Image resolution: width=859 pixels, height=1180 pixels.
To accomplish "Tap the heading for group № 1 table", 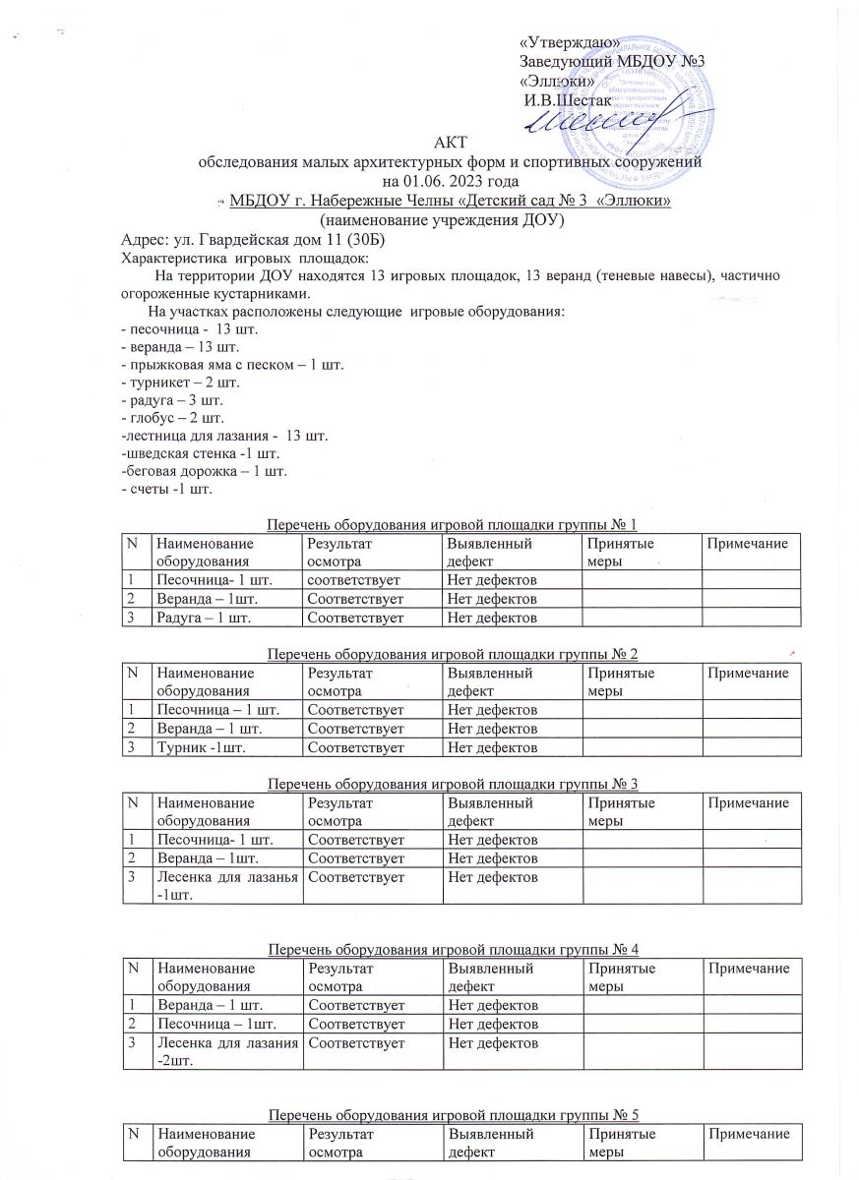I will (x=460, y=522).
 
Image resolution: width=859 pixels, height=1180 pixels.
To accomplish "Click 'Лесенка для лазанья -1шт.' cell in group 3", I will (x=225, y=884).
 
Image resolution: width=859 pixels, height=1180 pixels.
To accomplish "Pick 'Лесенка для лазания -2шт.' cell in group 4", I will (x=225, y=1049).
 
